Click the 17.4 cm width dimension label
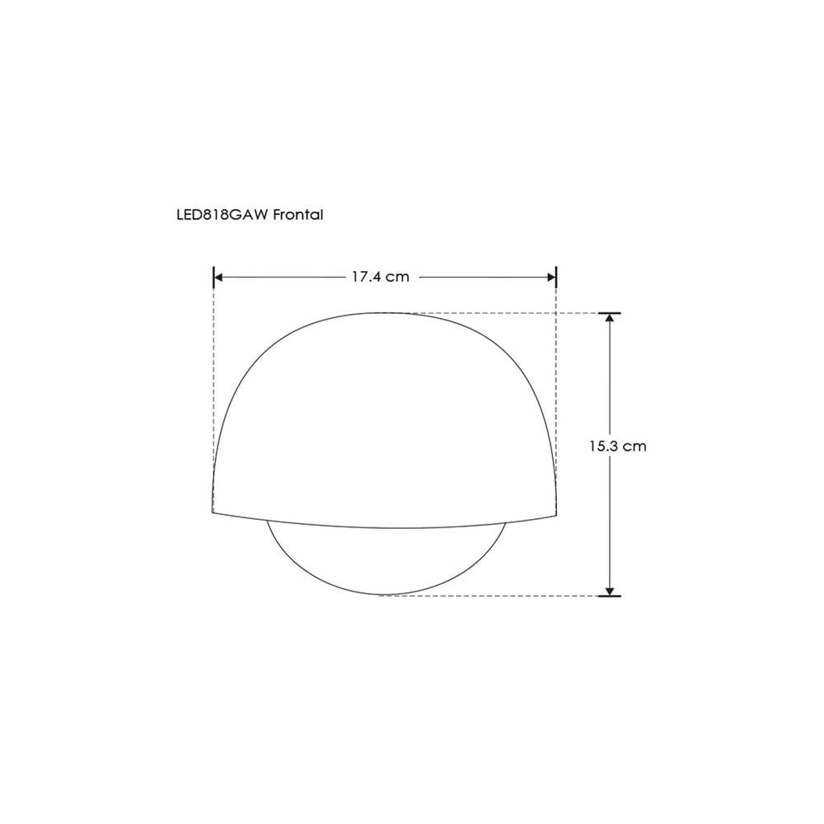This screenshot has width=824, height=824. point(380,277)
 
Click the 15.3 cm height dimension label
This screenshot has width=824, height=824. point(617,447)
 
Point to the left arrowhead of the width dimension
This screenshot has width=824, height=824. point(220,278)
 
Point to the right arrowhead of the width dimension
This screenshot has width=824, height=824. point(550,278)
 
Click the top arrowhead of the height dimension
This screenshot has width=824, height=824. point(610,320)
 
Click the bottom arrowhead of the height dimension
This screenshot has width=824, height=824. point(610,588)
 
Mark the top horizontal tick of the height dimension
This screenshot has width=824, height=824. point(610,313)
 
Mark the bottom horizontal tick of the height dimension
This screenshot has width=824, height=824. point(610,595)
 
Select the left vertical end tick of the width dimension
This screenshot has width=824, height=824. point(213,277)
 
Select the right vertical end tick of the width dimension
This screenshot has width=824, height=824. point(557,277)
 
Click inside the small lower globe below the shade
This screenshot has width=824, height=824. point(386,560)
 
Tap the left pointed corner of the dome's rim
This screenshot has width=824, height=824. point(213,512)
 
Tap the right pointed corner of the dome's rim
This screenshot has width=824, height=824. point(558,512)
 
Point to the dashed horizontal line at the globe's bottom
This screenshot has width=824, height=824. point(494,595)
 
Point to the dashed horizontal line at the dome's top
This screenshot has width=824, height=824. point(494,313)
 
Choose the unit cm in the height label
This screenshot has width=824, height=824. point(634,447)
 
